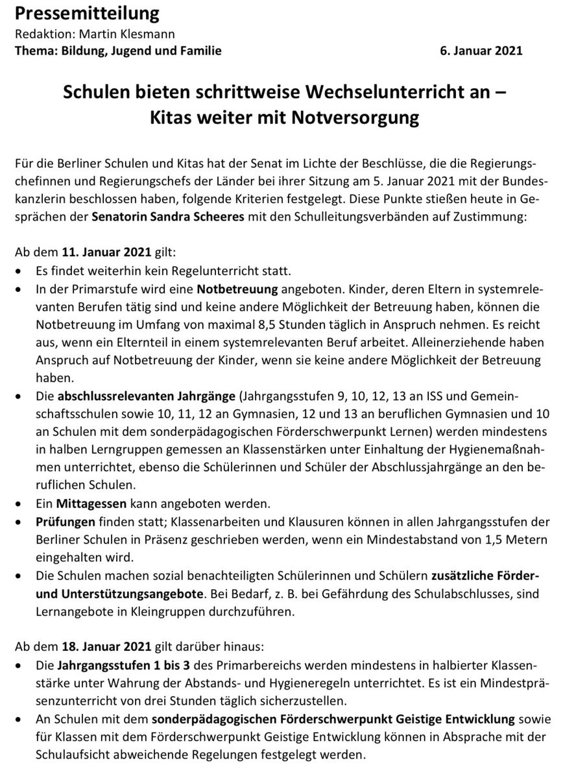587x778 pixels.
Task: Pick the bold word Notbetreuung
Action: (237, 286)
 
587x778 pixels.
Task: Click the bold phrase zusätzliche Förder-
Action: (485, 576)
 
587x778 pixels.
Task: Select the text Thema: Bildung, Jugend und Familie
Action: (118, 51)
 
